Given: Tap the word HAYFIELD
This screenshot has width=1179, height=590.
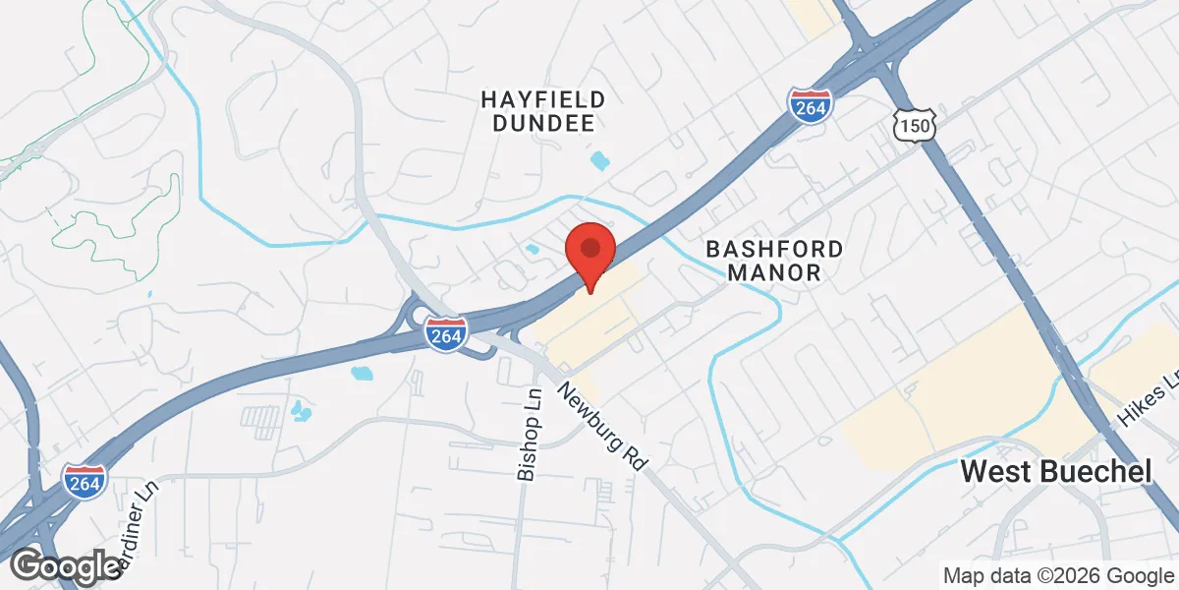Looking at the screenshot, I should click(x=542, y=98).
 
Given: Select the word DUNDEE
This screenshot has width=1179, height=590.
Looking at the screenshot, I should click(x=542, y=124).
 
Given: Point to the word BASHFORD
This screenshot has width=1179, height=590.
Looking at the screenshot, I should click(x=774, y=249).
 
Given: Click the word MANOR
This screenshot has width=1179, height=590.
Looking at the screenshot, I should click(x=774, y=273).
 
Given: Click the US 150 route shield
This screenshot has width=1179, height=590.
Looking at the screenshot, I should click(x=915, y=124).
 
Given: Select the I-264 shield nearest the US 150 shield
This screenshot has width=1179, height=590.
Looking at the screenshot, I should click(x=811, y=102).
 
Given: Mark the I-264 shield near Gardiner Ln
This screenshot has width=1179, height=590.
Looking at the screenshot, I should click(x=85, y=480).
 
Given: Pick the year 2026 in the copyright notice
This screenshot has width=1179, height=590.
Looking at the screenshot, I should click(x=1077, y=575).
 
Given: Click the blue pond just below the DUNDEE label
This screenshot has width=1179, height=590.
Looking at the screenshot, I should click(x=598, y=159).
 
